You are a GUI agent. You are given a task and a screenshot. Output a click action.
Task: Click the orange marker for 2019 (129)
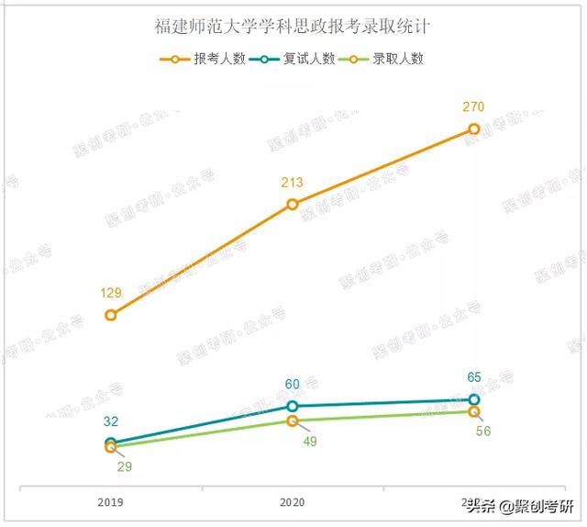pyautogui.click(x=111, y=315)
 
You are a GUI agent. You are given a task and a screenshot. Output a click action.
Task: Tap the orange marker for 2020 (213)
pyautogui.click(x=293, y=204)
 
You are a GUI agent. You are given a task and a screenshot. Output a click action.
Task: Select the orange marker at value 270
pyautogui.click(x=473, y=129)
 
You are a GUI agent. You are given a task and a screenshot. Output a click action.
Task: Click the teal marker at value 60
pyautogui.click(x=293, y=406)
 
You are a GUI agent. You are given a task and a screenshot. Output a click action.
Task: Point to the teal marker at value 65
pyautogui.click(x=473, y=399)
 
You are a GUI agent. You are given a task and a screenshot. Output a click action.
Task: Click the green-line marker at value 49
pyautogui.click(x=293, y=420)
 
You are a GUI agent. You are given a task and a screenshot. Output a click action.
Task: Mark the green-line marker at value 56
pyautogui.click(x=473, y=411)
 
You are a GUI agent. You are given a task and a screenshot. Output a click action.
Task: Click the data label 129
pyautogui.click(x=111, y=293)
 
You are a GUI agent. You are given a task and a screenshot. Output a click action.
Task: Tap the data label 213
pyautogui.click(x=293, y=182)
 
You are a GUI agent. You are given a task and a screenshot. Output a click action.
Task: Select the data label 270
pyautogui.click(x=473, y=107)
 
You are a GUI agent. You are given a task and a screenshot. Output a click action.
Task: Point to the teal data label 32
pyautogui.click(x=111, y=421)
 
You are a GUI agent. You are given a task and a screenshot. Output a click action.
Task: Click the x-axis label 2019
pyautogui.click(x=111, y=502)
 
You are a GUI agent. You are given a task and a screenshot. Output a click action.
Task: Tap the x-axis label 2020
pyautogui.click(x=293, y=502)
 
